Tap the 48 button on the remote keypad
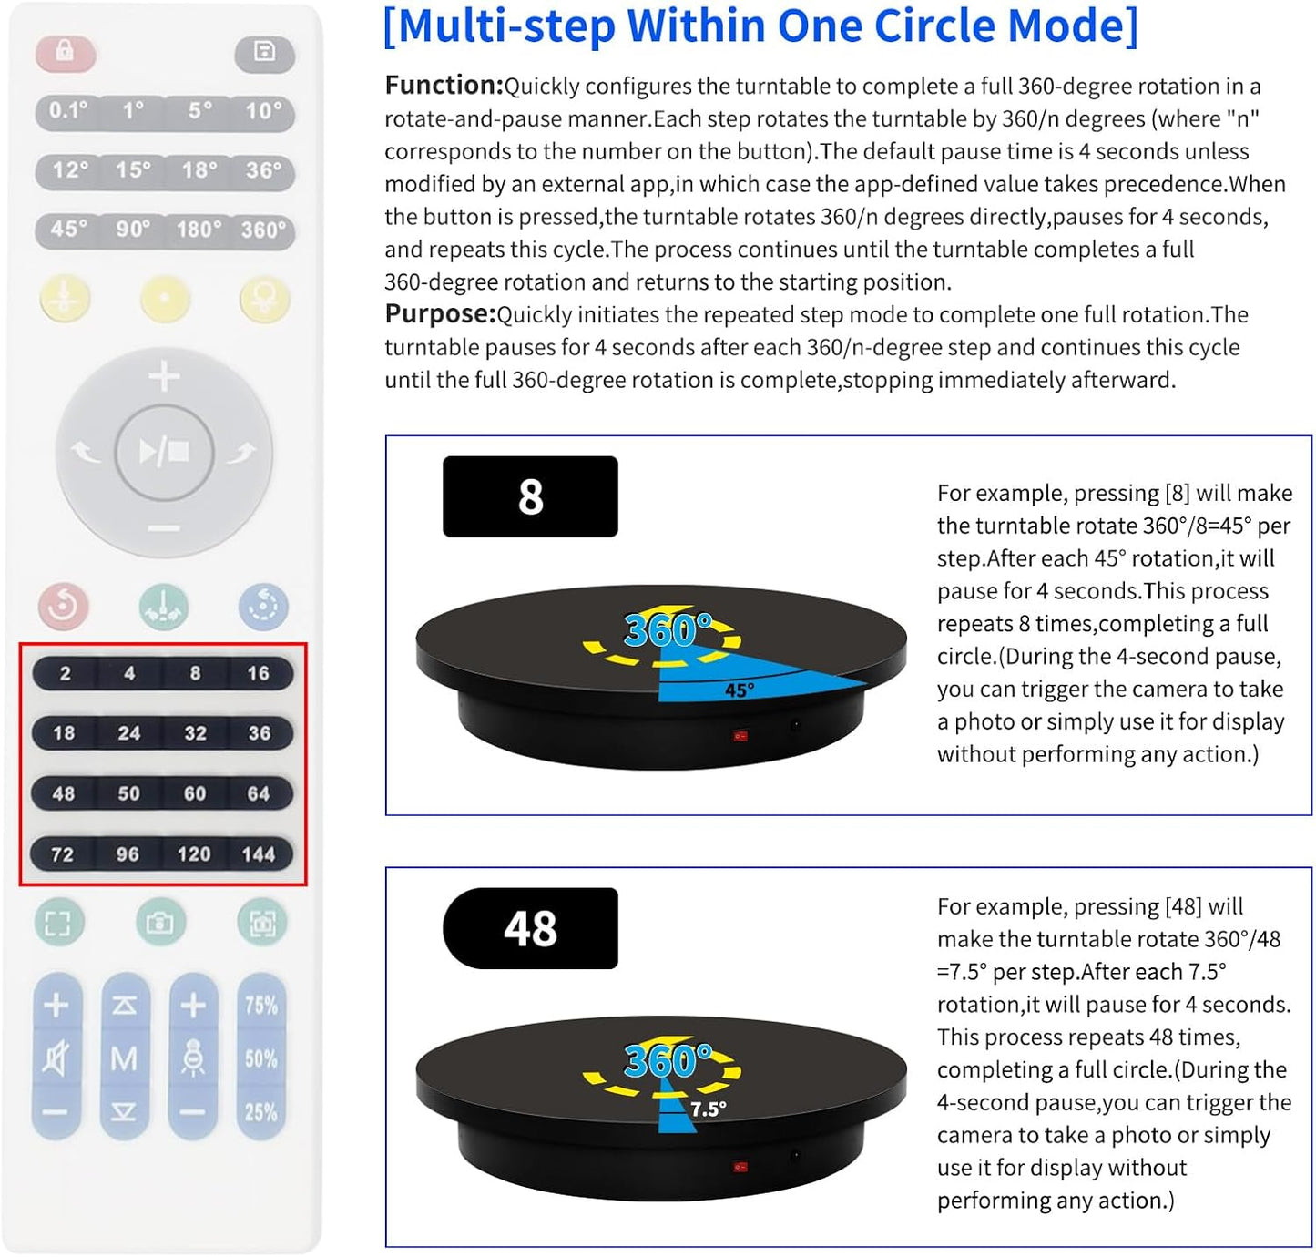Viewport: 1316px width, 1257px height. tap(64, 793)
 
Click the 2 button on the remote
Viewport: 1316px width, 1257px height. tap(65, 673)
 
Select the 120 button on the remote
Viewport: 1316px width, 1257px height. tap(194, 853)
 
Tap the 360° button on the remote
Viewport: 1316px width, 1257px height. tap(263, 230)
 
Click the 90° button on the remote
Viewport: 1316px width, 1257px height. tap(133, 230)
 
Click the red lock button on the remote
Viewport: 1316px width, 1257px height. tap(65, 52)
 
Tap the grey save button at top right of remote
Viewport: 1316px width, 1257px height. tap(264, 52)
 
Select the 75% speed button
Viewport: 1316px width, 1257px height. tap(261, 1005)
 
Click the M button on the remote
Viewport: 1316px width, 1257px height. tap(125, 1058)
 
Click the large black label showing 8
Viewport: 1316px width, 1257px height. tap(530, 496)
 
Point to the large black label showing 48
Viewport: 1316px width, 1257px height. tap(530, 928)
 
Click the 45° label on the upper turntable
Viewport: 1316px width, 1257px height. tap(739, 690)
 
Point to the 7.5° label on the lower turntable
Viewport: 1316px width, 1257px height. tap(708, 1109)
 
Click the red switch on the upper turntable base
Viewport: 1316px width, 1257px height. tap(740, 735)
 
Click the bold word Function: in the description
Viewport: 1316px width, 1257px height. tap(444, 86)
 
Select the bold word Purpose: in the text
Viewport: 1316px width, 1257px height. tap(440, 314)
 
